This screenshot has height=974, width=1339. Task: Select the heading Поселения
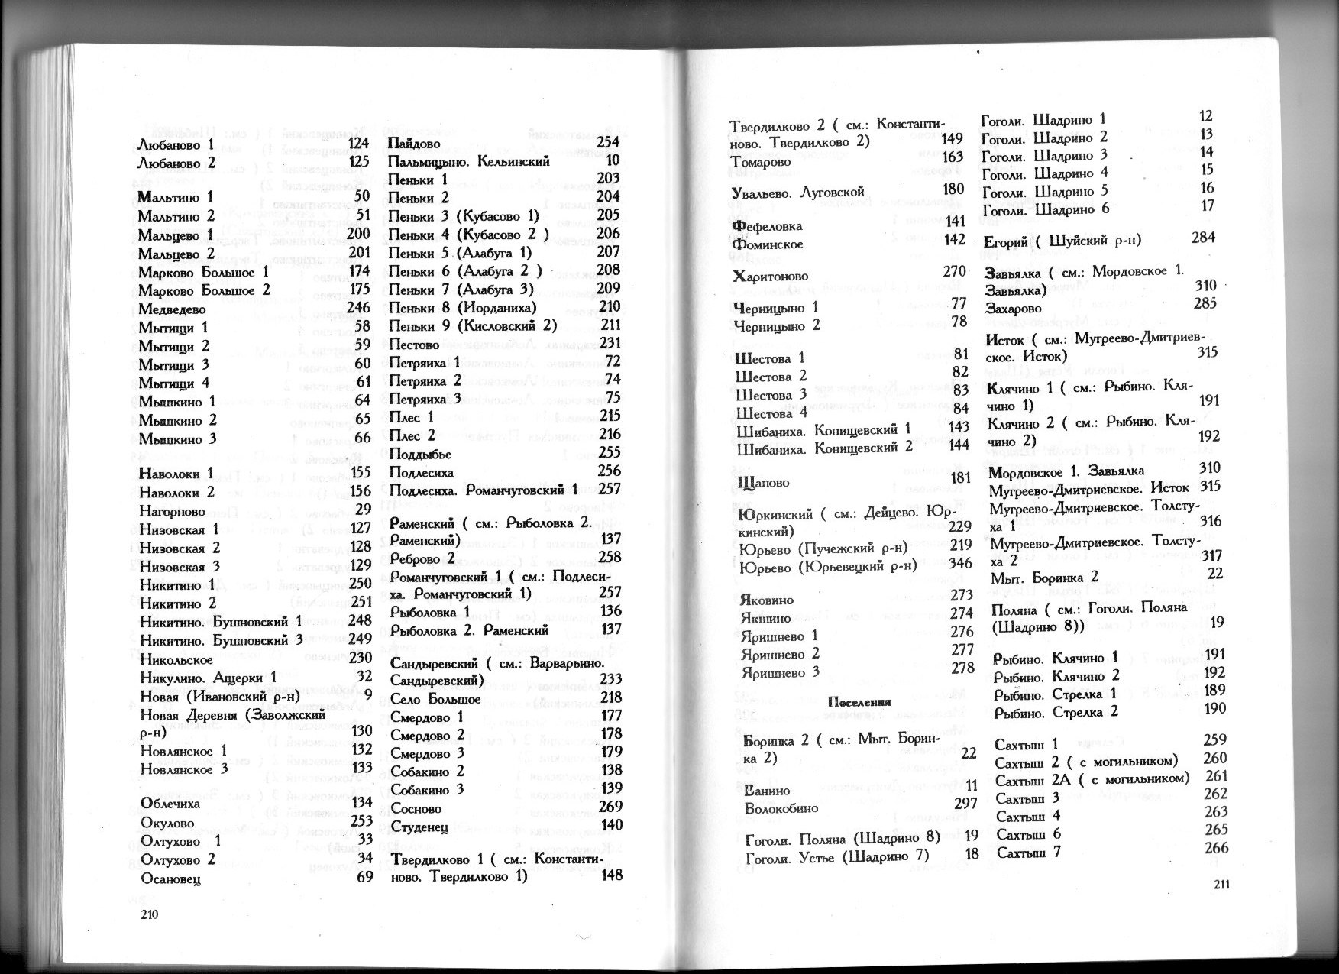(859, 701)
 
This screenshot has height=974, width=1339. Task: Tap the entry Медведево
(172, 309)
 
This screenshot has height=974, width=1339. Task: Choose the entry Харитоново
(770, 276)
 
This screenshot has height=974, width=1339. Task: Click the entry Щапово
(762, 483)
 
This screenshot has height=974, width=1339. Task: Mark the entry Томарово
(761, 162)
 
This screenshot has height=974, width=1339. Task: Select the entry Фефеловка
(768, 226)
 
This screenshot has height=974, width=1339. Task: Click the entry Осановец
(171, 879)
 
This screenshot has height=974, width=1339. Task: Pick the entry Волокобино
(781, 807)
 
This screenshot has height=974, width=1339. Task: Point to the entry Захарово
(1014, 309)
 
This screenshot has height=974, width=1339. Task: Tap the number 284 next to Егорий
(1202, 238)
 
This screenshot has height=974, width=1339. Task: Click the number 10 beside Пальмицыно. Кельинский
(613, 160)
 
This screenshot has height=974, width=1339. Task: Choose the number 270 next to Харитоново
(954, 271)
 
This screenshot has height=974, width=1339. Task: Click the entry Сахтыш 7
(1029, 853)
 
